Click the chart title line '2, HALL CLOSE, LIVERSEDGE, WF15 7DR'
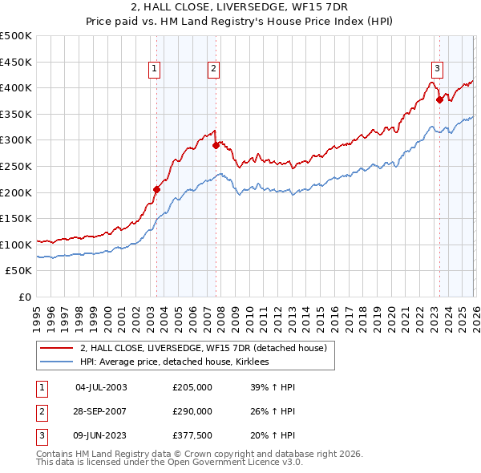(240, 7)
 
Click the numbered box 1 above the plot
(154, 70)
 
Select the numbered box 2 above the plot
(214, 70)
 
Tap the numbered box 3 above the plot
(437, 70)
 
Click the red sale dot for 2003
(157, 190)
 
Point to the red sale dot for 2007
(216, 145)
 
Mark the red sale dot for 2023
(439, 99)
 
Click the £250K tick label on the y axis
(17, 166)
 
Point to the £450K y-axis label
(17, 62)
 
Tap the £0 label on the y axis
(25, 297)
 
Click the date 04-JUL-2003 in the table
(100, 387)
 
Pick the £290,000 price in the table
(192, 411)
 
